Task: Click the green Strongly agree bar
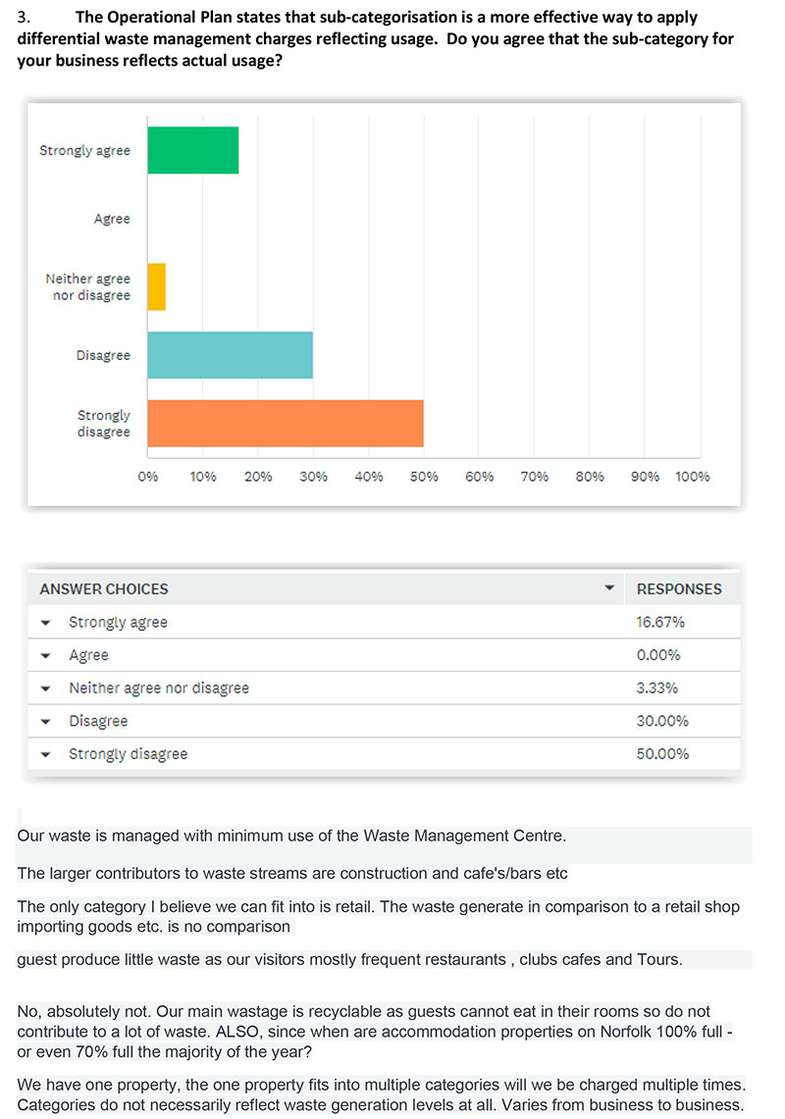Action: (193, 150)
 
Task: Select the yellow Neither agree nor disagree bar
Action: (156, 287)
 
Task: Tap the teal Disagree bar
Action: (230, 355)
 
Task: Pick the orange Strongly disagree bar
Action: (286, 424)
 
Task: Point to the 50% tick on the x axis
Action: (424, 477)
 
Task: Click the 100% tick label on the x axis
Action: (692, 477)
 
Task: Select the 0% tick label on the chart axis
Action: (148, 477)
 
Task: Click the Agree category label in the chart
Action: (112, 219)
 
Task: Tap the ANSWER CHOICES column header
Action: (104, 588)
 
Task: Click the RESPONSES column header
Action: (679, 588)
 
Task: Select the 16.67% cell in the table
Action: (660, 623)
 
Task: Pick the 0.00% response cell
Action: (658, 655)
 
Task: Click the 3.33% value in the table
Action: (657, 687)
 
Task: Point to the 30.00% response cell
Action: (663, 721)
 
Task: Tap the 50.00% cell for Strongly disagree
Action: (663, 753)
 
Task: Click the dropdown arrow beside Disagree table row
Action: (46, 722)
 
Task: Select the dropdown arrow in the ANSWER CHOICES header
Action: (609, 588)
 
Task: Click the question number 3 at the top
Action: (23, 17)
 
